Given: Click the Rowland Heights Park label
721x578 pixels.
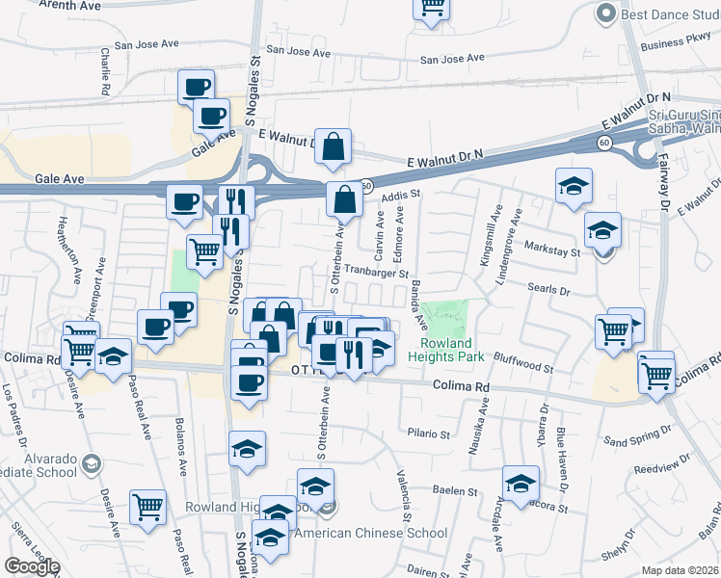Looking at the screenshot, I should click(x=446, y=350).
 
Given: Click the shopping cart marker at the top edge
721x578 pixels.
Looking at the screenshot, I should click(x=432, y=8).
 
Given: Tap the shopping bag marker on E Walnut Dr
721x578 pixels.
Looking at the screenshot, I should click(x=333, y=147).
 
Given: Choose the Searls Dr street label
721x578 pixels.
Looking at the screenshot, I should click(x=550, y=287).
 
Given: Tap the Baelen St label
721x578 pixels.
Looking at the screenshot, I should click(x=449, y=490).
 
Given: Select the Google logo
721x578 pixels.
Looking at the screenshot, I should click(x=32, y=566).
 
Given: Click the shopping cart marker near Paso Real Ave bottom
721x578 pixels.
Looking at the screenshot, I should click(x=147, y=506).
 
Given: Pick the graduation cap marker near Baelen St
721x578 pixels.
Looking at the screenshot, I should click(x=521, y=484).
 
